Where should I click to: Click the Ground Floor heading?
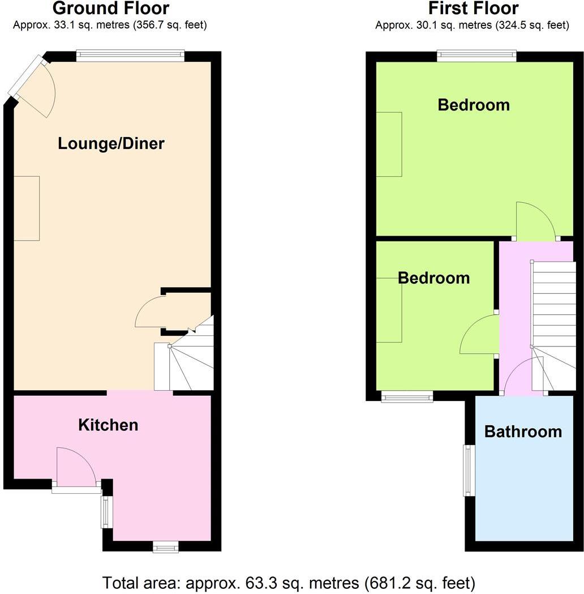(x=110, y=8)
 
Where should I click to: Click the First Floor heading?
(x=473, y=8)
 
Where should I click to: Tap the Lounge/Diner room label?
(x=111, y=143)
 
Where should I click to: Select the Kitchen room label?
(x=108, y=425)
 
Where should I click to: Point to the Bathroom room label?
(x=523, y=431)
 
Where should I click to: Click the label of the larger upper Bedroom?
(x=474, y=105)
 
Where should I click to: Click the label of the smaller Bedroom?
(x=433, y=278)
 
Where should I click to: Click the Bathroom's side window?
(x=469, y=470)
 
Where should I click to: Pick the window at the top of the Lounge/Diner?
(x=131, y=55)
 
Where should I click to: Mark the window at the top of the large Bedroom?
(x=476, y=55)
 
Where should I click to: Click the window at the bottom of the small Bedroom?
(x=407, y=398)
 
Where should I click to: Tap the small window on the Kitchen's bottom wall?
(x=166, y=546)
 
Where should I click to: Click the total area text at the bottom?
(x=289, y=582)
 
